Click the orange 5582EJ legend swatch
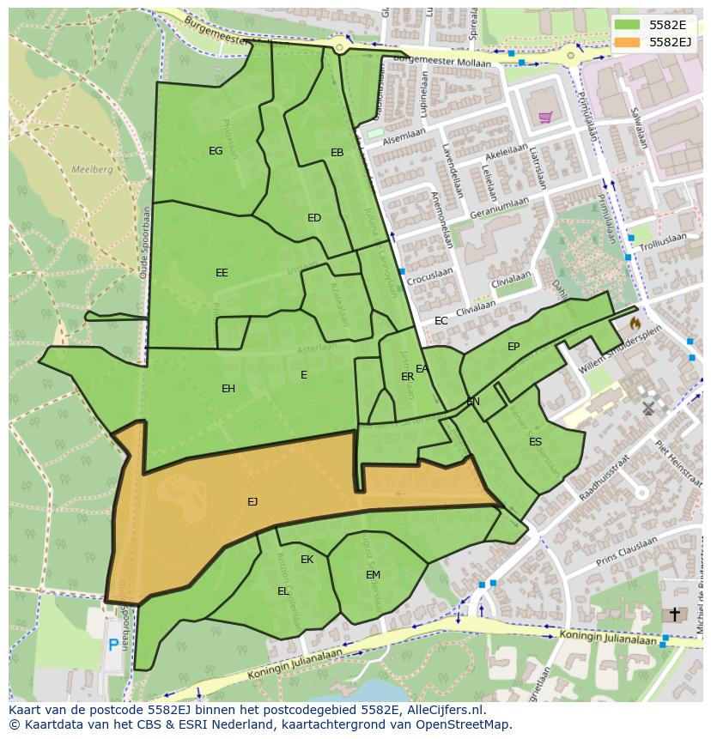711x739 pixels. [628, 41]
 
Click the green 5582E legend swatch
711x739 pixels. [628, 25]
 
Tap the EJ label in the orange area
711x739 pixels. [252, 502]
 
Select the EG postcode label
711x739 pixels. [216, 151]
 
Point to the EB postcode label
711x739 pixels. [337, 153]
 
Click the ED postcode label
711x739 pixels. [314, 218]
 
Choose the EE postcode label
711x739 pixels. [222, 273]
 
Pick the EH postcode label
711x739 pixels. [228, 389]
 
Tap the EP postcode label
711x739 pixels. [513, 347]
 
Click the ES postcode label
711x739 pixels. [535, 442]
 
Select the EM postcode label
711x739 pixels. [373, 575]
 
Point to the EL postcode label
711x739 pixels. [283, 591]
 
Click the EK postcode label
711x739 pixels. [307, 560]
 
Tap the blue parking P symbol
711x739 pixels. [113, 645]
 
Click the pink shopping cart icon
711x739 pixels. [544, 118]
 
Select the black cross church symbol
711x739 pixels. [674, 615]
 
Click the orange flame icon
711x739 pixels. [635, 324]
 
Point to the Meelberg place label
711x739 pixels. [92, 170]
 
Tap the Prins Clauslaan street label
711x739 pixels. [626, 549]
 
